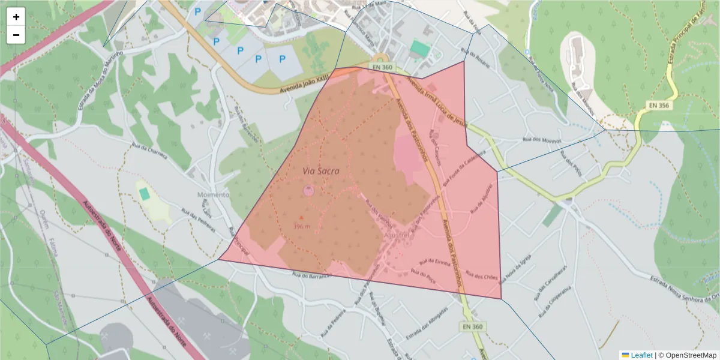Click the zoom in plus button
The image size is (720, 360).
click(16, 17)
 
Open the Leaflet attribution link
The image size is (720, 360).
click(641, 355)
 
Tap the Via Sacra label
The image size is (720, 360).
click(320, 171)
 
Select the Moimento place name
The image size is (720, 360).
click(213, 195)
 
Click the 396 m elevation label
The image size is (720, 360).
click(302, 226)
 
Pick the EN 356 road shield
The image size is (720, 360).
click(660, 105)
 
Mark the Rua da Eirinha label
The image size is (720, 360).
click(436, 262)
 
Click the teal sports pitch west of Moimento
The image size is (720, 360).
click(145, 194)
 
